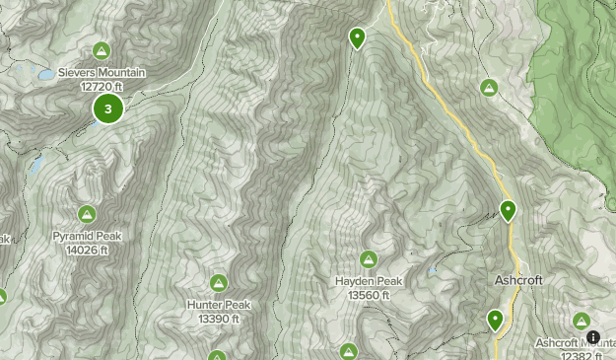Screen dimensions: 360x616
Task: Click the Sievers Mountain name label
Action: pyautogui.click(x=102, y=73)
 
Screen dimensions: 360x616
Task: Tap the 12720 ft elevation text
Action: pyautogui.click(x=102, y=86)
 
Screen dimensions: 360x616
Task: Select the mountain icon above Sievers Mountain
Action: pyautogui.click(x=102, y=51)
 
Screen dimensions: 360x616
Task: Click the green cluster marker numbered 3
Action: pyautogui.click(x=107, y=109)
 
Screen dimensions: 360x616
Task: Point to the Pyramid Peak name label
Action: pyautogui.click(x=87, y=237)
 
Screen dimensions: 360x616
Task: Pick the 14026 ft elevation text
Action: pyautogui.click(x=87, y=250)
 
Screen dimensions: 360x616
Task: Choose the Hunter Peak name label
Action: pyautogui.click(x=219, y=305)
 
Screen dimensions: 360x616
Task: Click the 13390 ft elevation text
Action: pyautogui.click(x=219, y=318)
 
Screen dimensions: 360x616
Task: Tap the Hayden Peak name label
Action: pyautogui.click(x=368, y=281)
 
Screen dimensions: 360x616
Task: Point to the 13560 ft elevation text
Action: pyautogui.click(x=368, y=294)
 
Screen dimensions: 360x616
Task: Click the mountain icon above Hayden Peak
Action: pyautogui.click(x=368, y=259)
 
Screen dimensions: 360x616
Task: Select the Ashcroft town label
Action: pyautogui.click(x=517, y=280)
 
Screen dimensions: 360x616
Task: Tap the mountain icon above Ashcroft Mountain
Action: pyautogui.click(x=582, y=322)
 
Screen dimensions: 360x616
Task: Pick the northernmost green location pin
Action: pyautogui.click(x=357, y=37)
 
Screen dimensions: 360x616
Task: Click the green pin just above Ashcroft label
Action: pyautogui.click(x=508, y=209)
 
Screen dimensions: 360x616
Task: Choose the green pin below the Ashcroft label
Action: pyautogui.click(x=495, y=319)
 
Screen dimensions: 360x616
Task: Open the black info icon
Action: pyautogui.click(x=593, y=337)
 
